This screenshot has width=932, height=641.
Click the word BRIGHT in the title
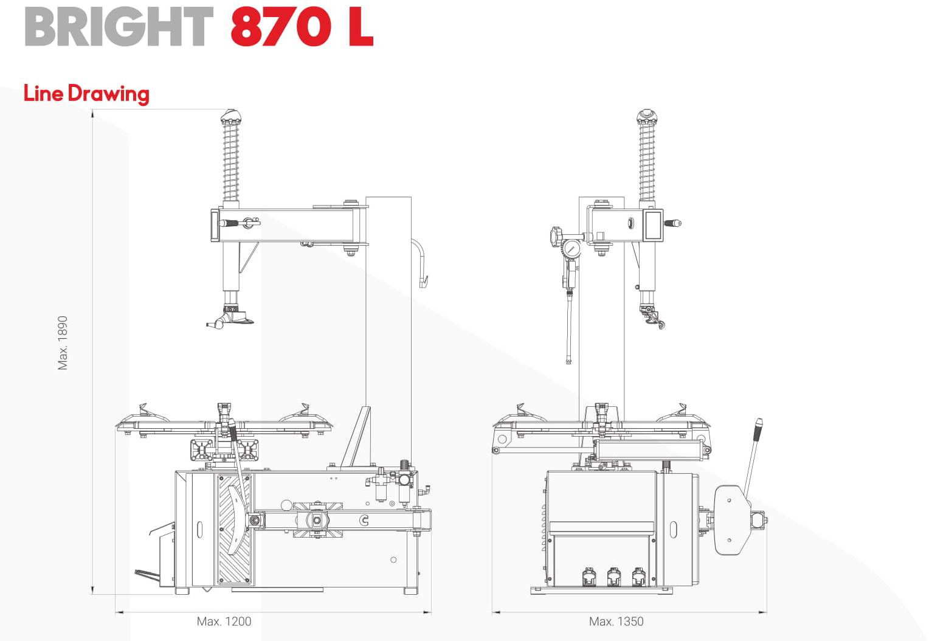coord(119,27)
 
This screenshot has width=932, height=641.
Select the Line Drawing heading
coord(86,94)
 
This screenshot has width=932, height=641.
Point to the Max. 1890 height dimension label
coord(63,342)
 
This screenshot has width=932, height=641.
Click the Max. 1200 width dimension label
coord(224,622)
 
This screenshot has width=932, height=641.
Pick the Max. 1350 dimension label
coord(616,622)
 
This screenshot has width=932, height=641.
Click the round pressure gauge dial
coord(572,250)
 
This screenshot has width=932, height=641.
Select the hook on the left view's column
coord(421,263)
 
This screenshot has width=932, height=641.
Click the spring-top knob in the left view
coord(231,117)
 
